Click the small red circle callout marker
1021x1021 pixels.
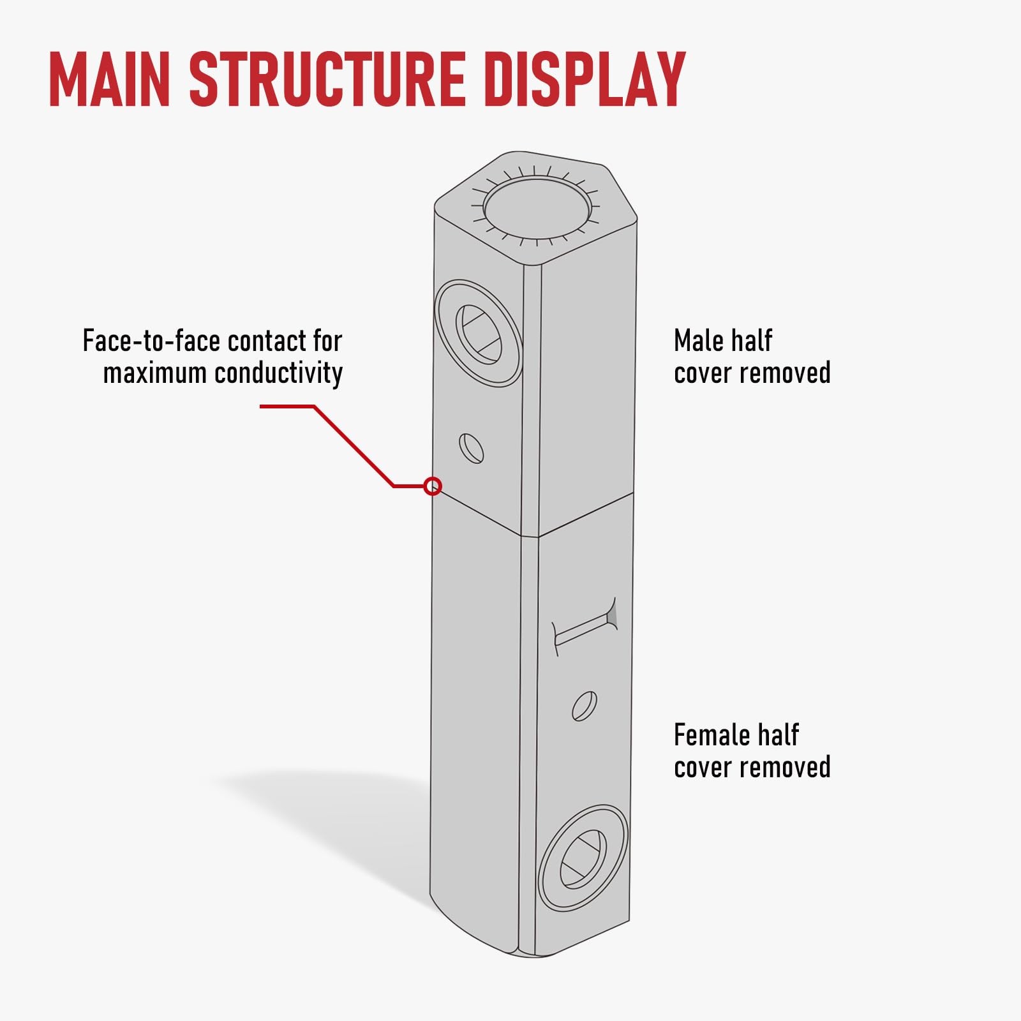tap(433, 486)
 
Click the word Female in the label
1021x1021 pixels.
tap(710, 735)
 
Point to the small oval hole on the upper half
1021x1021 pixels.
tap(471, 449)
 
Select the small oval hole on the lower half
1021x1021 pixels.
tap(585, 706)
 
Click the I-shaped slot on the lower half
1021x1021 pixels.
tap(585, 627)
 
